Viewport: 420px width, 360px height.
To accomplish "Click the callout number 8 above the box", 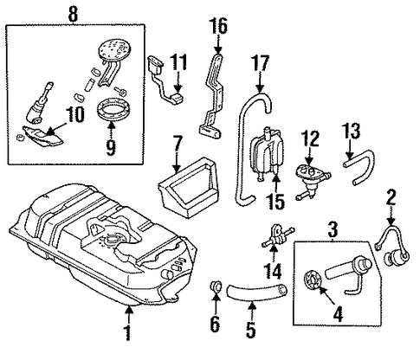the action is click(x=73, y=14).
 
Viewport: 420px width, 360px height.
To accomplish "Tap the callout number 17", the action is click(x=260, y=63).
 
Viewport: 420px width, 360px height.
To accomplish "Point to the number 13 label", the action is click(x=352, y=132).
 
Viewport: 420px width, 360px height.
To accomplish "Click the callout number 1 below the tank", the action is click(x=128, y=333).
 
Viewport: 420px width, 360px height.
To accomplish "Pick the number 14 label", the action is click(x=273, y=272).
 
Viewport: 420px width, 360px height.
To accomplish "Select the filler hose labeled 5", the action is click(x=256, y=292).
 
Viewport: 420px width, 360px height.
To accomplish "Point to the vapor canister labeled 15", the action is click(x=267, y=152).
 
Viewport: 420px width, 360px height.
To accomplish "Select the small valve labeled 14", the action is click(x=278, y=236).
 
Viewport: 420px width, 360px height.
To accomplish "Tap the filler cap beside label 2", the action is click(x=397, y=256).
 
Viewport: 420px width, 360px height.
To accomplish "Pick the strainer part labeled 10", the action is click(x=42, y=136).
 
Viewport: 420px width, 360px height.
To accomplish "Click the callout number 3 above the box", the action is click(x=333, y=230).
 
